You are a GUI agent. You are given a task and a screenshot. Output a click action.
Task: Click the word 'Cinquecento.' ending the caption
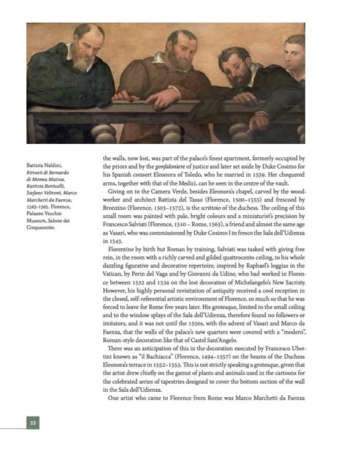45,227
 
